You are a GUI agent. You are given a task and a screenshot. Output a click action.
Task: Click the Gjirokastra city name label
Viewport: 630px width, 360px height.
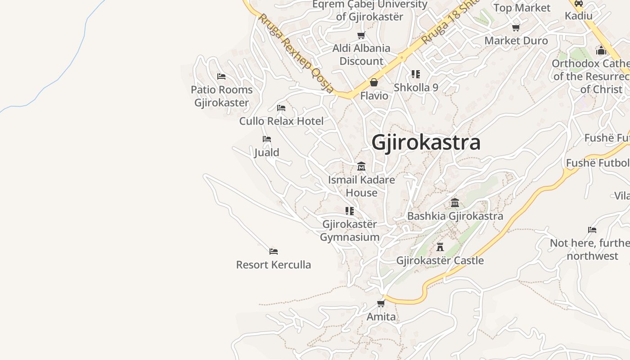tap(426, 143)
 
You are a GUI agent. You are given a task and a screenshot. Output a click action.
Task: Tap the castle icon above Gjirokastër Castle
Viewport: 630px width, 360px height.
tap(440, 247)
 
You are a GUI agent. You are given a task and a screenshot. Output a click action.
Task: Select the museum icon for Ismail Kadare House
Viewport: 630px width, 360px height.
tap(361, 166)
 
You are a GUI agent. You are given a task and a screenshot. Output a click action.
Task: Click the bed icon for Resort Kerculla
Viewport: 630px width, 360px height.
tap(274, 251)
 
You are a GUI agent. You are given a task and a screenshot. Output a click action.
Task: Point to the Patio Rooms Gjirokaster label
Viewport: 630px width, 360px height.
tap(221, 96)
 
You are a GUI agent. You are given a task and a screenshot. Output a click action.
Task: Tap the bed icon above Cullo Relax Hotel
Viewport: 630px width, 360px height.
tap(281, 108)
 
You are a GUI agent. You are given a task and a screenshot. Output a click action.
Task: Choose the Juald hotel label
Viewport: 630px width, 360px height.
tap(267, 153)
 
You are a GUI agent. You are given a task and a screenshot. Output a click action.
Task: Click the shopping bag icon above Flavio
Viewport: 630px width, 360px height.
tap(373, 82)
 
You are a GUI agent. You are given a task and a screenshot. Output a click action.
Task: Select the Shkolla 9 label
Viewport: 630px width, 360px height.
tap(416, 87)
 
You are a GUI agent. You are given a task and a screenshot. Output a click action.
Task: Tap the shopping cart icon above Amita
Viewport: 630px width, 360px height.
tap(381, 303)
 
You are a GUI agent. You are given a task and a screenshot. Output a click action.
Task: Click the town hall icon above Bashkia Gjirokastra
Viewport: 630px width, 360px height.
tap(455, 203)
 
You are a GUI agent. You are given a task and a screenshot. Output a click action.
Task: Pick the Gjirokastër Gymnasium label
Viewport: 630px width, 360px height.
tap(350, 230)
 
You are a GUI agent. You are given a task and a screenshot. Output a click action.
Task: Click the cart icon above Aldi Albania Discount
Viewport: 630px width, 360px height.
tap(361, 35)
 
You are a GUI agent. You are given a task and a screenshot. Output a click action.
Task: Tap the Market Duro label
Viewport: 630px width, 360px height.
tap(516, 40)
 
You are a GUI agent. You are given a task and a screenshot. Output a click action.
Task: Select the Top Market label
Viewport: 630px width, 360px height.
tap(522, 8)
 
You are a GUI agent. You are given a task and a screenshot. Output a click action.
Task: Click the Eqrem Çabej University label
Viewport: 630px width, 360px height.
tap(369, 10)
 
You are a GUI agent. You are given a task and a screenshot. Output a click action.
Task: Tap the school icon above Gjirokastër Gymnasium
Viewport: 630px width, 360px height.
tap(350, 211)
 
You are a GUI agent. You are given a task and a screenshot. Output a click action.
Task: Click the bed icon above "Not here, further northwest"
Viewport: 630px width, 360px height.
tap(592, 230)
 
